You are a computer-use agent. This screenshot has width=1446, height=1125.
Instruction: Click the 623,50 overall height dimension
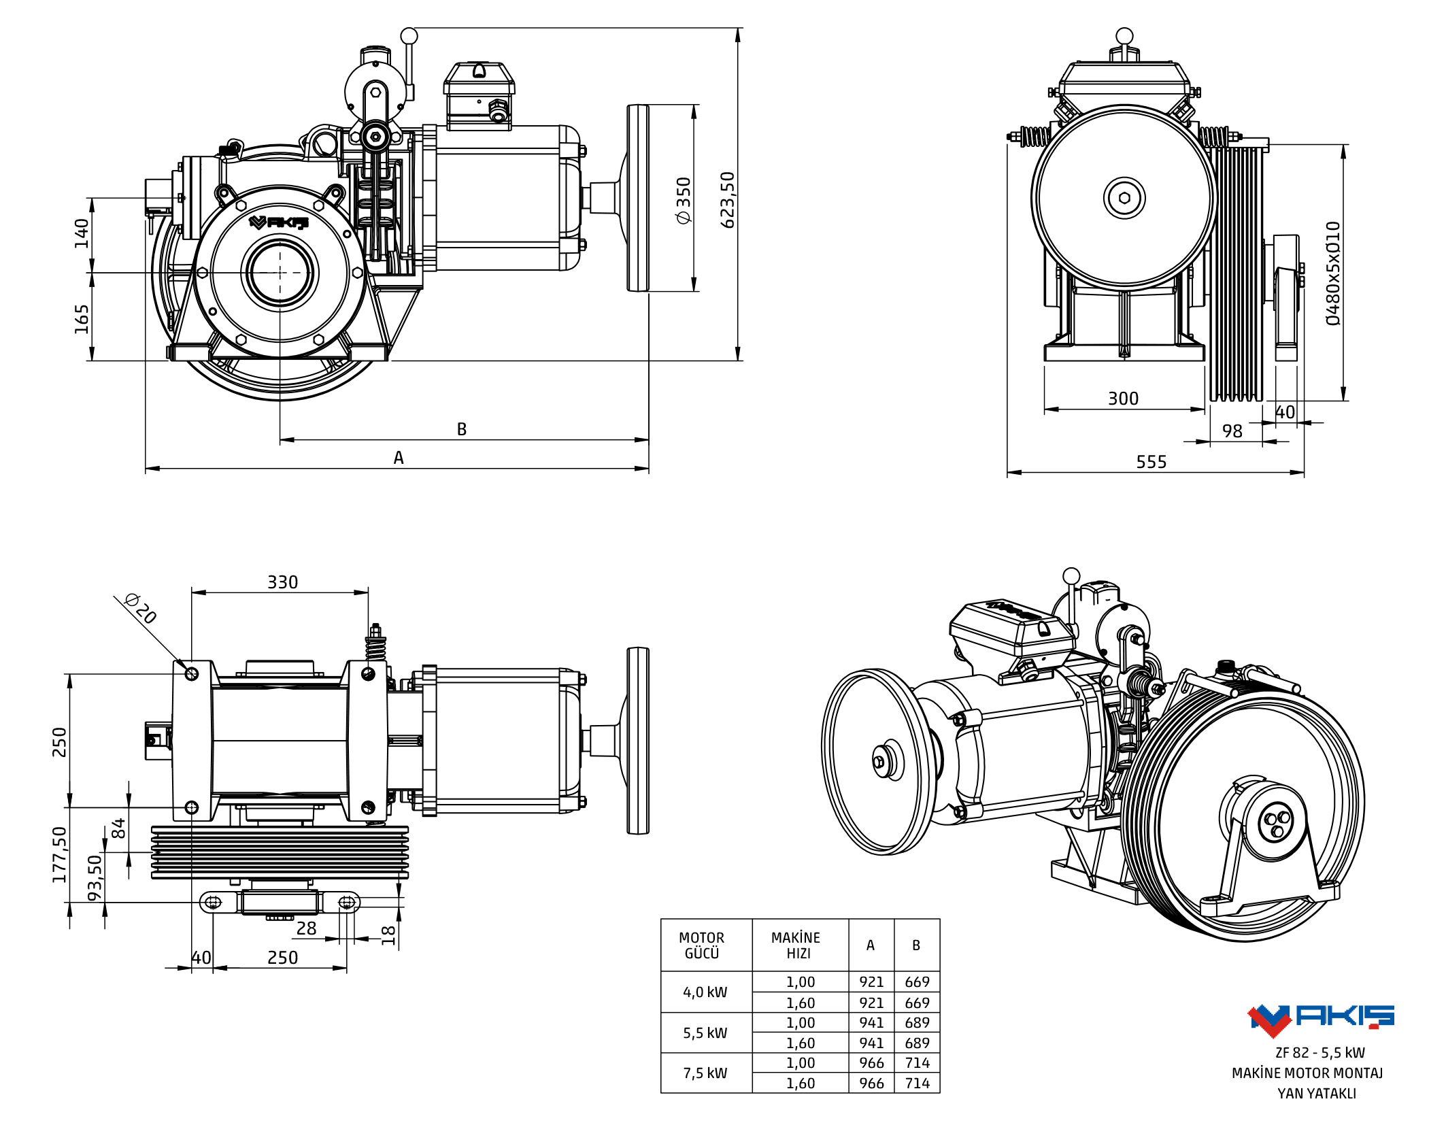click(x=727, y=199)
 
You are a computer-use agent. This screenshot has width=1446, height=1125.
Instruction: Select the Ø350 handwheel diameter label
click(x=683, y=199)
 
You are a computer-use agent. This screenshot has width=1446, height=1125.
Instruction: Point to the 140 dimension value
click(x=82, y=233)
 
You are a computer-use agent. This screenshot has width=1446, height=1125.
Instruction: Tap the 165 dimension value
click(x=82, y=318)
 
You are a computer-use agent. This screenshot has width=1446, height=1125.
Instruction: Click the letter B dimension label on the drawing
click(x=462, y=429)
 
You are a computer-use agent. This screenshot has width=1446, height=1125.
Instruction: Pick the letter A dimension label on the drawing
click(x=399, y=458)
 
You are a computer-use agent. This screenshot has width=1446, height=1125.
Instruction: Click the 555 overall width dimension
click(x=1151, y=462)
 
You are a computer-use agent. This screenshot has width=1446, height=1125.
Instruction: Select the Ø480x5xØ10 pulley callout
click(x=1333, y=273)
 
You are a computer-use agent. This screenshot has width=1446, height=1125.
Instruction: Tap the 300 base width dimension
click(x=1123, y=399)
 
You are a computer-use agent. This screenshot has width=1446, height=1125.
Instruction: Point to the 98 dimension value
click(x=1232, y=431)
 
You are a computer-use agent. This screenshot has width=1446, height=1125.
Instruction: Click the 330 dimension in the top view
click(x=282, y=582)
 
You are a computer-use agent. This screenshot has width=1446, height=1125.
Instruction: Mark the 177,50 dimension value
click(x=60, y=854)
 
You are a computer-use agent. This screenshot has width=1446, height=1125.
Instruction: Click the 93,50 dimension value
click(x=95, y=877)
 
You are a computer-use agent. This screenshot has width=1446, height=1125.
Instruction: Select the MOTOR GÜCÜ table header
click(x=702, y=945)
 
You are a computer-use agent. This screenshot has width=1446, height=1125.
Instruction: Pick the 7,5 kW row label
click(x=705, y=1073)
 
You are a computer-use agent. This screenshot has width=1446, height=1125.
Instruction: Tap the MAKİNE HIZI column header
click(x=796, y=945)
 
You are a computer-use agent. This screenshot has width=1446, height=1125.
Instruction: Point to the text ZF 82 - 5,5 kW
click(x=1319, y=1053)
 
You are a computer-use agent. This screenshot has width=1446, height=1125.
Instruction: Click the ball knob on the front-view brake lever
click(x=409, y=35)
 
